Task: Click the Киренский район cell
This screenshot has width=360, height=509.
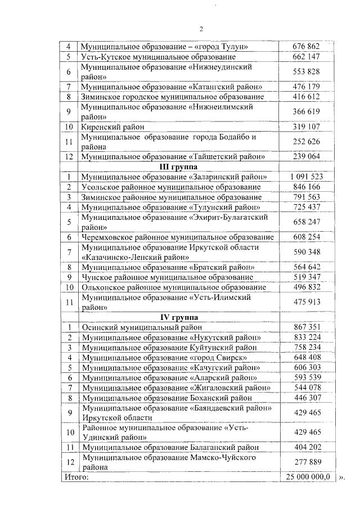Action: pyautogui.click(x=109, y=127)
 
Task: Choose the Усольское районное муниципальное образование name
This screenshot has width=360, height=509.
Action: pyautogui.click(x=171, y=187)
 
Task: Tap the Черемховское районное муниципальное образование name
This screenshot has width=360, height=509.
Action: pyautogui.click(x=178, y=237)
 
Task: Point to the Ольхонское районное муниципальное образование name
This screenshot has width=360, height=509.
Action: pyautogui.click(x=174, y=287)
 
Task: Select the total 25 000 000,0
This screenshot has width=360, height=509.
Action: pyautogui.click(x=307, y=477)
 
